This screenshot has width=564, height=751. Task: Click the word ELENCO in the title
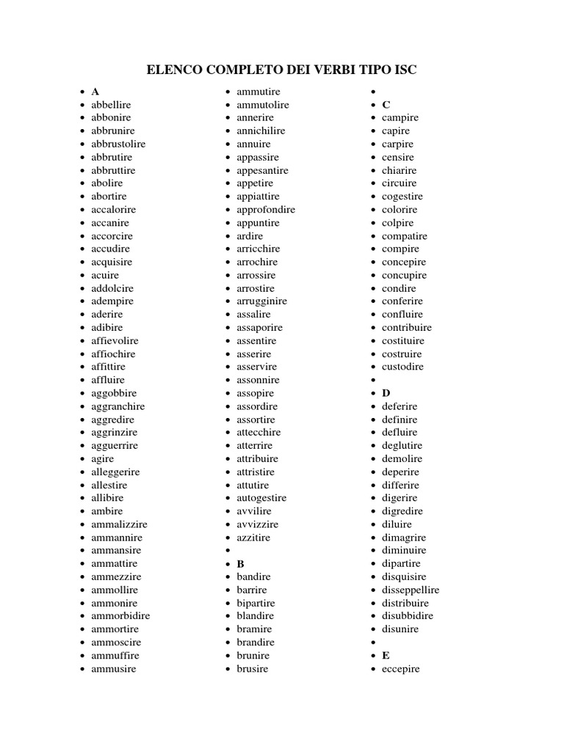173,70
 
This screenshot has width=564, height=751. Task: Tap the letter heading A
95,92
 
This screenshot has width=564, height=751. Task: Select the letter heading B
240,564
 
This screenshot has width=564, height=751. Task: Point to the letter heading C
386,105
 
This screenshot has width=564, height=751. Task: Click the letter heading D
386,393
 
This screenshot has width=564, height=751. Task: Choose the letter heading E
386,656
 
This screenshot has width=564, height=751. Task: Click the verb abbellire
111,105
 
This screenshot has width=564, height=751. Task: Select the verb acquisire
112,262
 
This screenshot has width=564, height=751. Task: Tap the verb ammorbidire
120,616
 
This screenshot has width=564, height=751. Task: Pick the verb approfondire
266,210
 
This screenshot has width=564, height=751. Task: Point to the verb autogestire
261,498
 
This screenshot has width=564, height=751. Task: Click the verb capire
396,131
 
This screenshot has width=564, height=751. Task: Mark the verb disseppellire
411,590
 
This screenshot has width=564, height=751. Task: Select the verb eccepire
401,669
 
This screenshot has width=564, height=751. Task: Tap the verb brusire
253,669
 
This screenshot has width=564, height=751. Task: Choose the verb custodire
402,367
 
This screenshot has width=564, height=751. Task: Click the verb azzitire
253,538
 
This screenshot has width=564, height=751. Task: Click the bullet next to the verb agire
82,459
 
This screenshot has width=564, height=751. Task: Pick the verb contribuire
407,327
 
